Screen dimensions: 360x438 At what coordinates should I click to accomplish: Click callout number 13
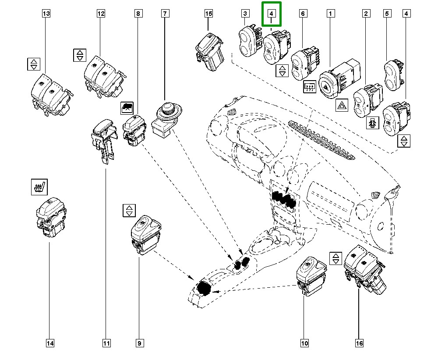(46, 14)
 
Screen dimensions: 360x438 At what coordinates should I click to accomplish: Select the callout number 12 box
(101, 14)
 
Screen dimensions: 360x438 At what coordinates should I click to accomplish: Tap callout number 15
(208, 14)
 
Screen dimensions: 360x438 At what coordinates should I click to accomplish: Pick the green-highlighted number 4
(272, 14)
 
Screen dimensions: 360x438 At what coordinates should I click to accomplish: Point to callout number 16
(359, 343)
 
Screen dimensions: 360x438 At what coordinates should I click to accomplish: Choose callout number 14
(50, 343)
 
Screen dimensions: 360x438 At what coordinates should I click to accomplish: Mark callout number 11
(106, 343)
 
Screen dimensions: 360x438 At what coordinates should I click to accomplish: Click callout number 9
(139, 343)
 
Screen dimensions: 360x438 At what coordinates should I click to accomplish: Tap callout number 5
(387, 14)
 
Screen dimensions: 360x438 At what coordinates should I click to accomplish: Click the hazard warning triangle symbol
(341, 106)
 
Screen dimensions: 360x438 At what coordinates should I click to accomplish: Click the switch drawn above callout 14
(50, 217)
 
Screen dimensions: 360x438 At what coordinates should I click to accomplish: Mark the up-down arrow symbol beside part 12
(79, 55)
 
